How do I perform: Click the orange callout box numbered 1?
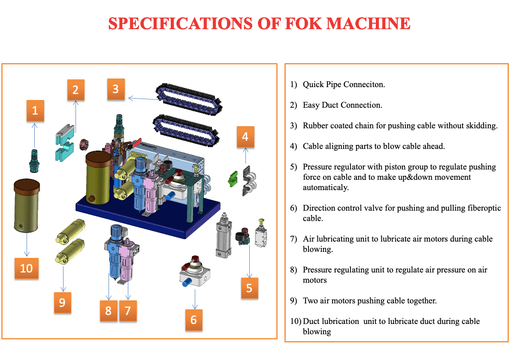35,110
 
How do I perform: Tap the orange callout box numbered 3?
115,89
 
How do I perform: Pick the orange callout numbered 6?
194,319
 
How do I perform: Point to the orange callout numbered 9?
62,302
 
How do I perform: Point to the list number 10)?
296,321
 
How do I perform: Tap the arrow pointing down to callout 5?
249,262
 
